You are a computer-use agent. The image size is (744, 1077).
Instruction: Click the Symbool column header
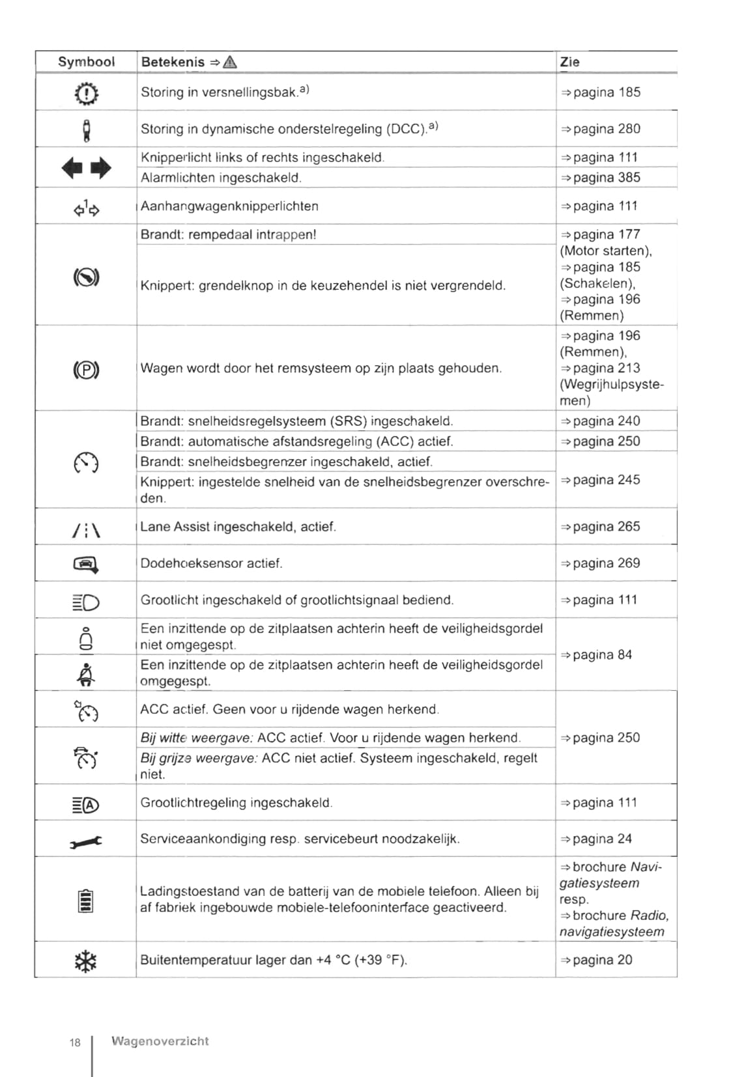click(x=86, y=62)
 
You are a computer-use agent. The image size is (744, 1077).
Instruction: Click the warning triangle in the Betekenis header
click(x=230, y=63)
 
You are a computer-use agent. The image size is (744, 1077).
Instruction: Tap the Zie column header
click(x=569, y=62)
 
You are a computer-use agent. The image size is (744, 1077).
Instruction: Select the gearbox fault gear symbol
click(x=87, y=94)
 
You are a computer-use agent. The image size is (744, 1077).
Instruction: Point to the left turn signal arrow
click(x=72, y=169)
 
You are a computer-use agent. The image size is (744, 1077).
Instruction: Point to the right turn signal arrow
click(x=100, y=169)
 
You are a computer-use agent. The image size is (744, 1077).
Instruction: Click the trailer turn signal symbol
click(x=86, y=208)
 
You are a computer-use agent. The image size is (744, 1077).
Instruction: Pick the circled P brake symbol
click(x=86, y=370)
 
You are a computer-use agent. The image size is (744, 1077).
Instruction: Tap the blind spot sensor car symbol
click(x=86, y=565)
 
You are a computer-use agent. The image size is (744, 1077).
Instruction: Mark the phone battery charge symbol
click(x=86, y=901)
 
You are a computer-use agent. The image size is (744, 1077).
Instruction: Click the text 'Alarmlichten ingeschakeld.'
click(x=221, y=178)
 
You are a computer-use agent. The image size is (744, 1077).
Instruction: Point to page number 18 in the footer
click(x=75, y=1042)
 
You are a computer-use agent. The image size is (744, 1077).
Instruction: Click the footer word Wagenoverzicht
click(x=160, y=1041)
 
